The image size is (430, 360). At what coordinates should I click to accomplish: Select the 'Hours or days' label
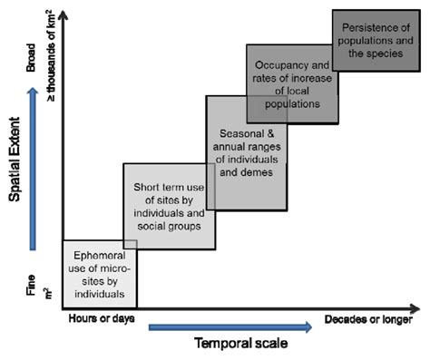coord(94,319)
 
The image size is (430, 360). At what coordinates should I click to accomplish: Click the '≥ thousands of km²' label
coord(48,48)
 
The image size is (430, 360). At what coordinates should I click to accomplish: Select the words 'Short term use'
coord(163,186)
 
